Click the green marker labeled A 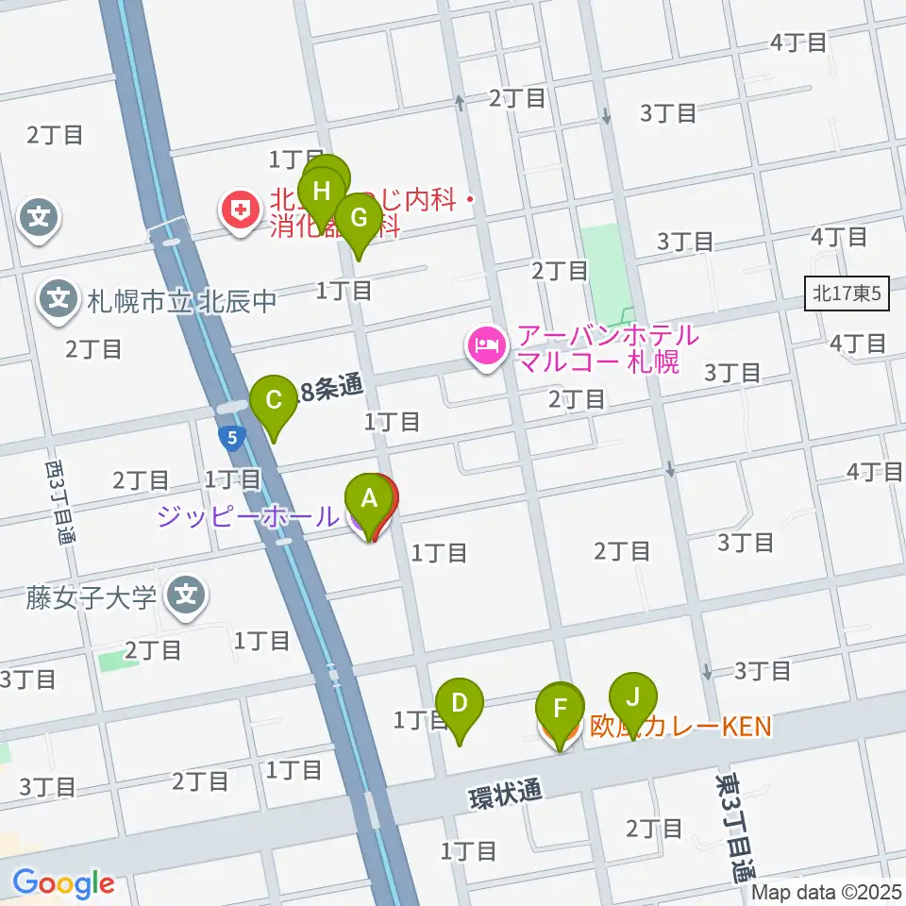coord(369,497)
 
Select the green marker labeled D coord(460,703)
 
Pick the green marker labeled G coord(359,217)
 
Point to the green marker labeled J coord(633,697)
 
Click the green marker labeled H coord(322,192)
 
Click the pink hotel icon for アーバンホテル coord(484,346)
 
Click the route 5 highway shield coord(231,437)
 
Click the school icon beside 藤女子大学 coord(187,596)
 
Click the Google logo coord(63,883)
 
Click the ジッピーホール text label coord(247,516)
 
